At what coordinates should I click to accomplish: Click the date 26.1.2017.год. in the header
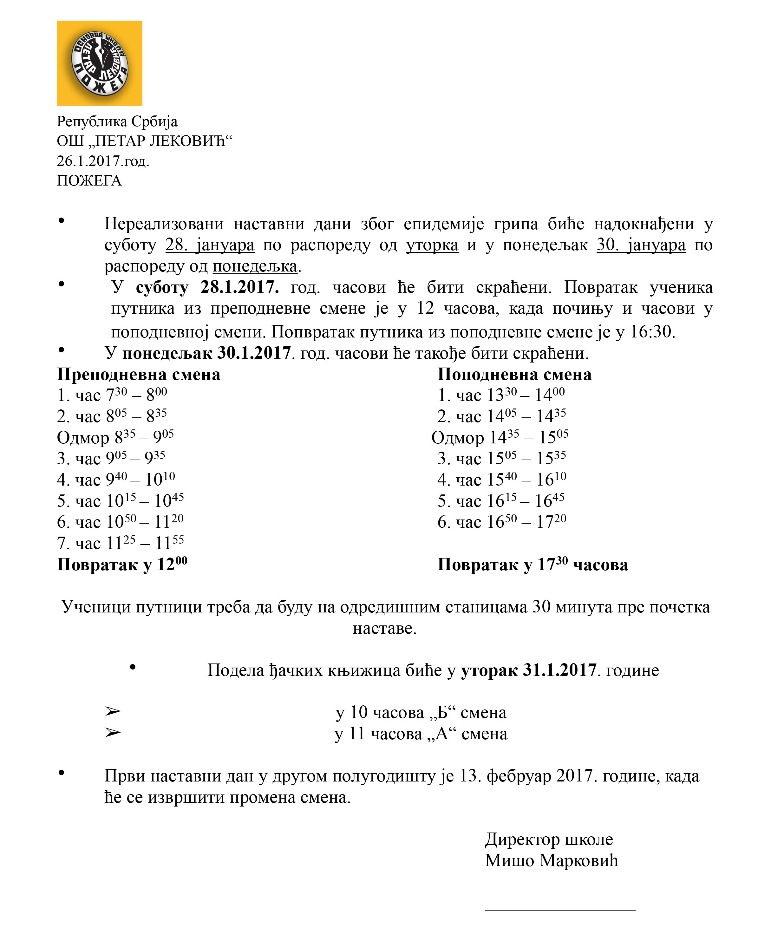103,161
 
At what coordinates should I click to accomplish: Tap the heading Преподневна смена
138,375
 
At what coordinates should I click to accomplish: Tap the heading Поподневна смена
514,375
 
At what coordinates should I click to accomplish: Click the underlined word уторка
432,245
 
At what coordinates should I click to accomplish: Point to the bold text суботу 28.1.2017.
207,287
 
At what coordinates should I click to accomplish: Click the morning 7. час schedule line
120,543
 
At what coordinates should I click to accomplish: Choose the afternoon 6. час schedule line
501,522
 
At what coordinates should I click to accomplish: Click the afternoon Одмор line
500,437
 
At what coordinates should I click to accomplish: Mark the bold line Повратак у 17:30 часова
533,565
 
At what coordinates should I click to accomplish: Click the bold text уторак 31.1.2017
528,670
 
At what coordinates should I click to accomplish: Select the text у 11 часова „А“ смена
421,734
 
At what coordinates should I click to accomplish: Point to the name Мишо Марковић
551,860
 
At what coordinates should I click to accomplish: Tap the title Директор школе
549,839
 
